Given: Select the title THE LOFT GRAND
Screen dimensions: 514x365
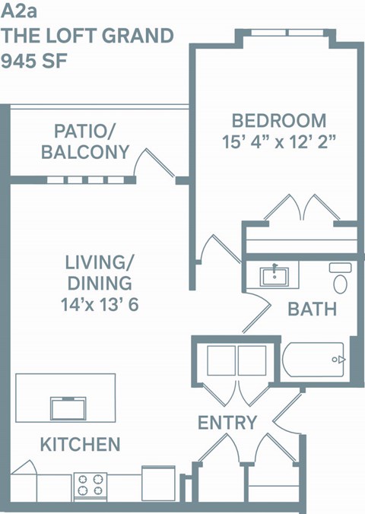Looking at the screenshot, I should point(87,36).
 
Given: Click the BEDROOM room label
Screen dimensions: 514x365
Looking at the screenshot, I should point(279,120).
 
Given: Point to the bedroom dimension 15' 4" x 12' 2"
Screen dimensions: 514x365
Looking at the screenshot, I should point(279,141).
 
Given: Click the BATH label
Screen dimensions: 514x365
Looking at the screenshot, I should point(312,310).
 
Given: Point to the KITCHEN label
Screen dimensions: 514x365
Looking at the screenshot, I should point(80,443).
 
